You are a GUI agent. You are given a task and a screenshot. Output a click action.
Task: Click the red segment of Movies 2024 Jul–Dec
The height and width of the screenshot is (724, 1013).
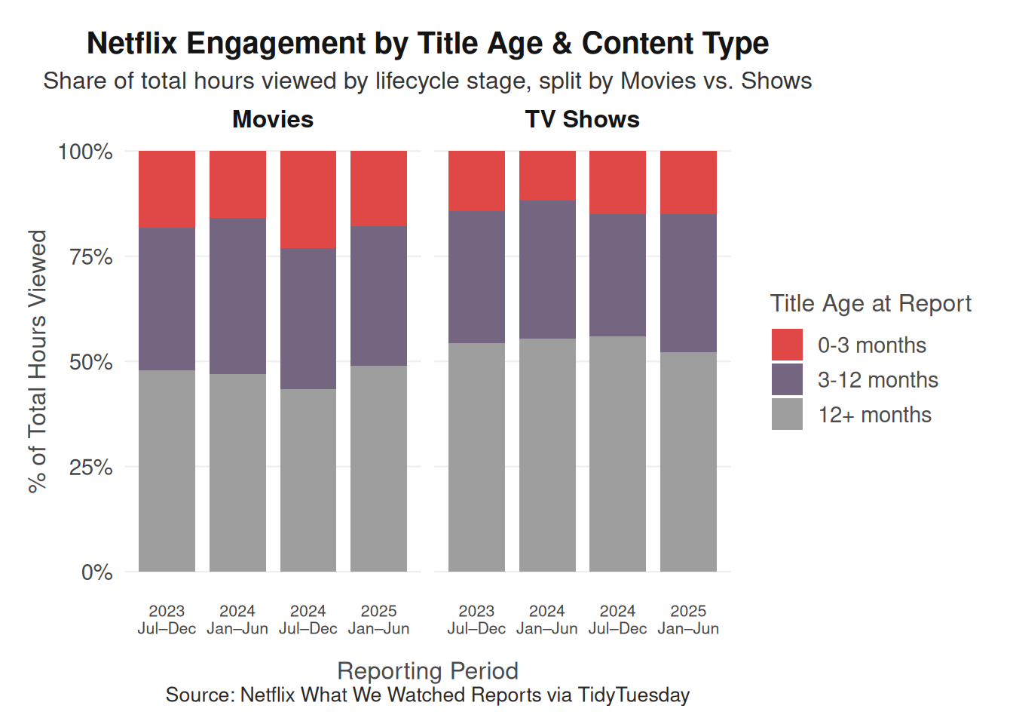(x=308, y=199)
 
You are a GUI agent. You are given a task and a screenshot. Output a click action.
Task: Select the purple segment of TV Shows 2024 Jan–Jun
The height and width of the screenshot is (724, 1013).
(x=547, y=269)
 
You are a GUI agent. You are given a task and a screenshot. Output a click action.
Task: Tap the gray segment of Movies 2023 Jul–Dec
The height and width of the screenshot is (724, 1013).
(x=167, y=471)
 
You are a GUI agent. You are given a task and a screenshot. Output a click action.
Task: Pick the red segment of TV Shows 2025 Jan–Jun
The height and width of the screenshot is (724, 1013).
(x=688, y=183)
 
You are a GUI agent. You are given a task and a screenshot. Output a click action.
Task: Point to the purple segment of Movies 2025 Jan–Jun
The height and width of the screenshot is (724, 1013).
(x=378, y=296)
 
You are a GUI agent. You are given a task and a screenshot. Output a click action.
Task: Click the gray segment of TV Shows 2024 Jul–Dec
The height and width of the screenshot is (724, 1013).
(x=617, y=453)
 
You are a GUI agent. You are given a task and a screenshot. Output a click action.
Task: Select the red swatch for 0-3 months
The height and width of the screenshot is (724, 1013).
(x=787, y=345)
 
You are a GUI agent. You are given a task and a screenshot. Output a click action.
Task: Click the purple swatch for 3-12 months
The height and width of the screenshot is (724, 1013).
(x=787, y=379)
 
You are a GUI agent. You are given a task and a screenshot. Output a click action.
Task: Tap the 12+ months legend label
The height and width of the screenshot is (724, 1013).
(x=874, y=415)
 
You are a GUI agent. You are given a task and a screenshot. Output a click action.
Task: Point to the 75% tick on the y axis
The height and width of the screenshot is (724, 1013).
(x=90, y=257)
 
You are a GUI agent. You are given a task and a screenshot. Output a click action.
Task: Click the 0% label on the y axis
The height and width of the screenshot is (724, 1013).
(x=96, y=572)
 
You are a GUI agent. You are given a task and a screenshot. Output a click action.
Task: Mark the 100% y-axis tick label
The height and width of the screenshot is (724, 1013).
(x=85, y=152)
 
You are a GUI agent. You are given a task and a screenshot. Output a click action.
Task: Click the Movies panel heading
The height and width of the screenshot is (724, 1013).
(x=273, y=119)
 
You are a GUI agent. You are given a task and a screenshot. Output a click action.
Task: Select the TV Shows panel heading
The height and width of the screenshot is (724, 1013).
(x=582, y=119)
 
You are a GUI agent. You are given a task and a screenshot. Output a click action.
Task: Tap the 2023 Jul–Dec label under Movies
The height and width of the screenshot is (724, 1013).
(x=167, y=619)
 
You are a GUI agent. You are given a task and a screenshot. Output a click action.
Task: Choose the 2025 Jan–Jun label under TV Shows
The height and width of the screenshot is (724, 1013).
(x=688, y=619)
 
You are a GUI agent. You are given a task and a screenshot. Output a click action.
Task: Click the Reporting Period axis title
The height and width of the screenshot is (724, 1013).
(x=427, y=670)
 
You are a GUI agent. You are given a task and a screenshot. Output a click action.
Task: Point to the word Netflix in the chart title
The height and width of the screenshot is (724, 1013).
(x=131, y=43)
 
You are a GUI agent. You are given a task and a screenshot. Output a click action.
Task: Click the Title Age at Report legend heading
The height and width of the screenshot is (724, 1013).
(x=871, y=303)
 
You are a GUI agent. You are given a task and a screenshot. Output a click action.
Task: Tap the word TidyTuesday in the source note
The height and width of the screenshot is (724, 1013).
(x=633, y=695)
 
